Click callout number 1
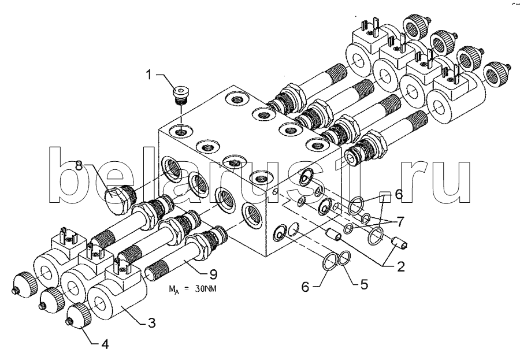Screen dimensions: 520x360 click(149, 75)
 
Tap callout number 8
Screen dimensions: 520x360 click(79, 165)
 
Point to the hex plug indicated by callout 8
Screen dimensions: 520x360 click(120, 198)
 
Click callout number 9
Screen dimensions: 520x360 click(213, 274)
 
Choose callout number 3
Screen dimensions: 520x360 click(151, 322)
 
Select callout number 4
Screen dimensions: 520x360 click(105, 344)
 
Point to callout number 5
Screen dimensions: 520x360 click(364, 284)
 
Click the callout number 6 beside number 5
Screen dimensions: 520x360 click(305, 287)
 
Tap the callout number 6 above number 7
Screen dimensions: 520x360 click(399, 194)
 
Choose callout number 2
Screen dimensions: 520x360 click(401, 266)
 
